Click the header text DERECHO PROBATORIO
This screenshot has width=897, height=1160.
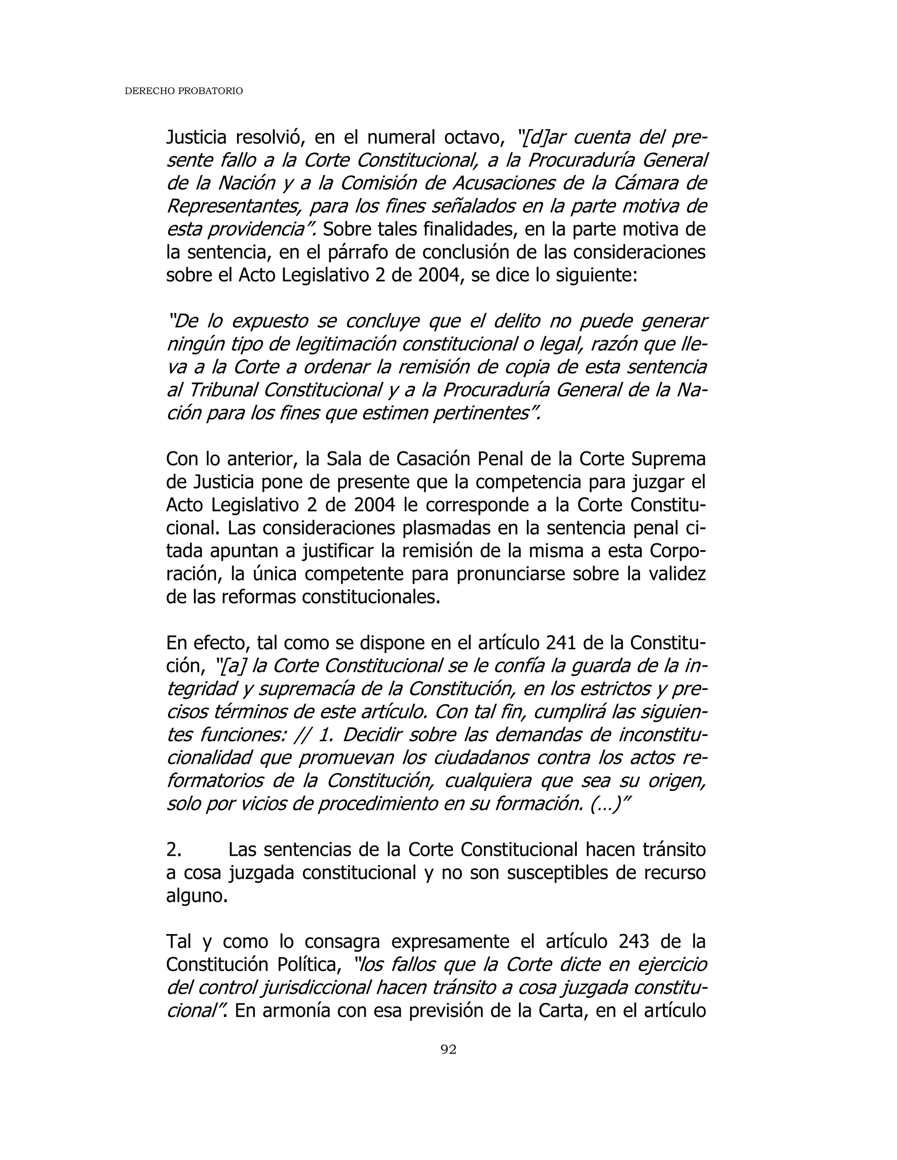pos(184,91)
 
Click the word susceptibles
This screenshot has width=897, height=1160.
pos(555,873)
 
